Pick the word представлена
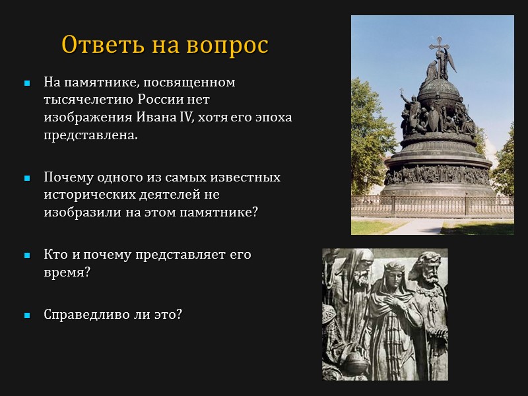(x=92, y=134)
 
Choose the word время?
(x=67, y=271)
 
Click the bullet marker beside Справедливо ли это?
(x=27, y=315)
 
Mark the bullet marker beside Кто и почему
(x=27, y=255)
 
